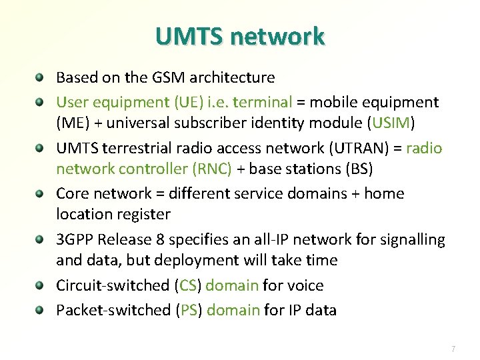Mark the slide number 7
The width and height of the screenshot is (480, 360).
point(453,349)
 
